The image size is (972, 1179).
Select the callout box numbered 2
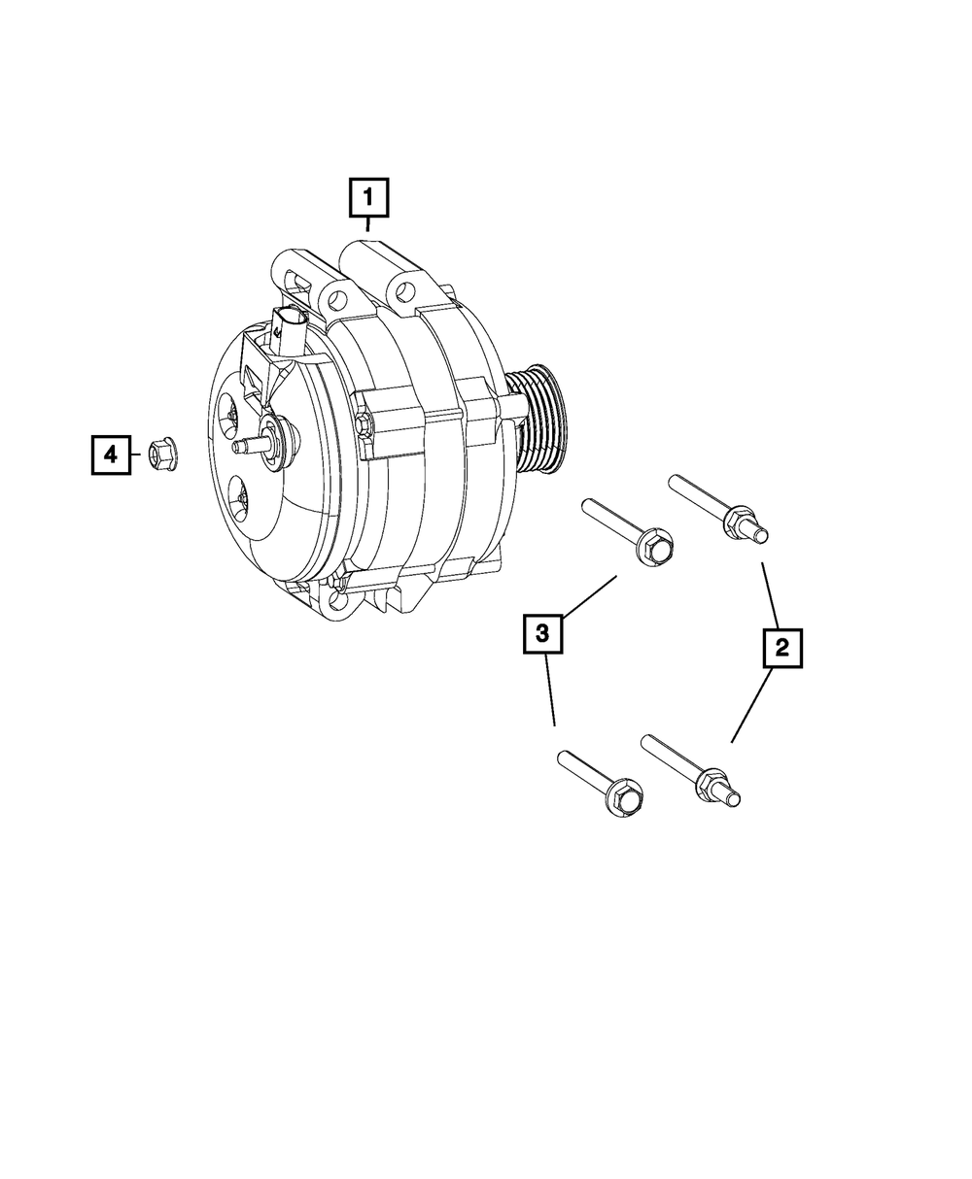782,648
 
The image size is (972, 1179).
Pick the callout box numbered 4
112,455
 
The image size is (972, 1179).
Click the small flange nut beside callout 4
159,455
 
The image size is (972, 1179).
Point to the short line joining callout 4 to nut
136,455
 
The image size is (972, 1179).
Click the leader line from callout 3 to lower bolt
551,691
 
